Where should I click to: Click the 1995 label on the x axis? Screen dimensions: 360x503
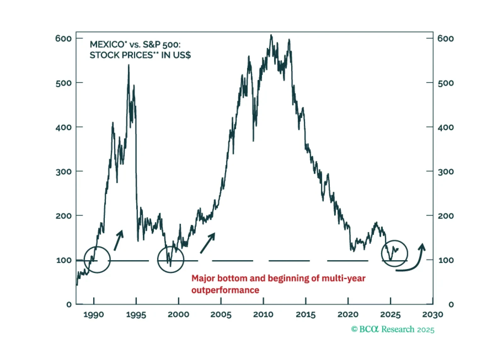[x=136, y=314]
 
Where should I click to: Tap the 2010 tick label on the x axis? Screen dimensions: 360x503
[x=263, y=314]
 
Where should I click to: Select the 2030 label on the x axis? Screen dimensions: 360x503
[x=432, y=314]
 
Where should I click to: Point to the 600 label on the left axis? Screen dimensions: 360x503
[x=63, y=39]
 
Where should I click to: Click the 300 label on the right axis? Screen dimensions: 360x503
[x=446, y=172]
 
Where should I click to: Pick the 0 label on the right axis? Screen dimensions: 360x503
[x=451, y=305]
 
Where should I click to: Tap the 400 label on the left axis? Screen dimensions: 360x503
[x=63, y=127]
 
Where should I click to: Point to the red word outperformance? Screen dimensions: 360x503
[x=225, y=290]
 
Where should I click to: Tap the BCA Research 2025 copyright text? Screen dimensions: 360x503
[x=393, y=329]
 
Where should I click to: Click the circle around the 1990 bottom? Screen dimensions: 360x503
[x=97, y=259]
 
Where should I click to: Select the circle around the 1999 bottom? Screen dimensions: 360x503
[x=171, y=259]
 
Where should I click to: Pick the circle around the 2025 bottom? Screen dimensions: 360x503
[x=394, y=253]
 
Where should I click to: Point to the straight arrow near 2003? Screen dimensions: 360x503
[x=208, y=243]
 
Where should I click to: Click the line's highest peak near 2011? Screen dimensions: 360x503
[x=271, y=35]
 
